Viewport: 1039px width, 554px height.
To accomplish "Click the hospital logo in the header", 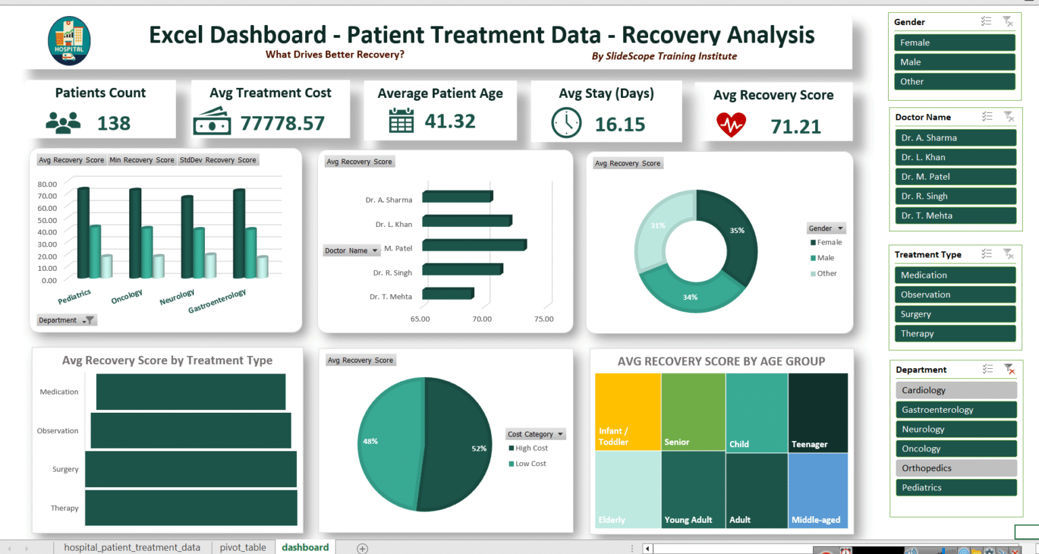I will coord(69,41).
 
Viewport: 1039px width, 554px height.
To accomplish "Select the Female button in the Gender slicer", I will coord(954,43).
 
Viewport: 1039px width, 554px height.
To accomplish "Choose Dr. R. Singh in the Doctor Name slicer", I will coord(954,196).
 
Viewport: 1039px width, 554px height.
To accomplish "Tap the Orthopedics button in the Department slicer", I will coord(955,468).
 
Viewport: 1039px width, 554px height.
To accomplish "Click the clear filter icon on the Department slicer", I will coord(1009,369).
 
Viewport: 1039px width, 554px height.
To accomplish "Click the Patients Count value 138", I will coord(114,123).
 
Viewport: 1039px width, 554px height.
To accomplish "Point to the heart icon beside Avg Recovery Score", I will coord(731,125).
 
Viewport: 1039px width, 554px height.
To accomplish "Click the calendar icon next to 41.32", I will coord(401,121).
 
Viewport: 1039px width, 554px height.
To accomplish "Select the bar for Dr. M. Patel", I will coord(474,245).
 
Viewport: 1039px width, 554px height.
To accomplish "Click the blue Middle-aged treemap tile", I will coord(818,490).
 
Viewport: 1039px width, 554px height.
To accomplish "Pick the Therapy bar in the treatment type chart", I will coord(191,508).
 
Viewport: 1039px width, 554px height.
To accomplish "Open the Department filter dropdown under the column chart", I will coord(89,320).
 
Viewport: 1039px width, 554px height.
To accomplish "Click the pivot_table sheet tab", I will coord(243,547).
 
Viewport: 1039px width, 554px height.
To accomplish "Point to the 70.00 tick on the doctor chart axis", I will coord(482,319).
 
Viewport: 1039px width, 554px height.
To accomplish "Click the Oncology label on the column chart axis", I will coord(127,297).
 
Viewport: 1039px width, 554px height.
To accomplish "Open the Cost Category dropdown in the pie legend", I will coord(560,434).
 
